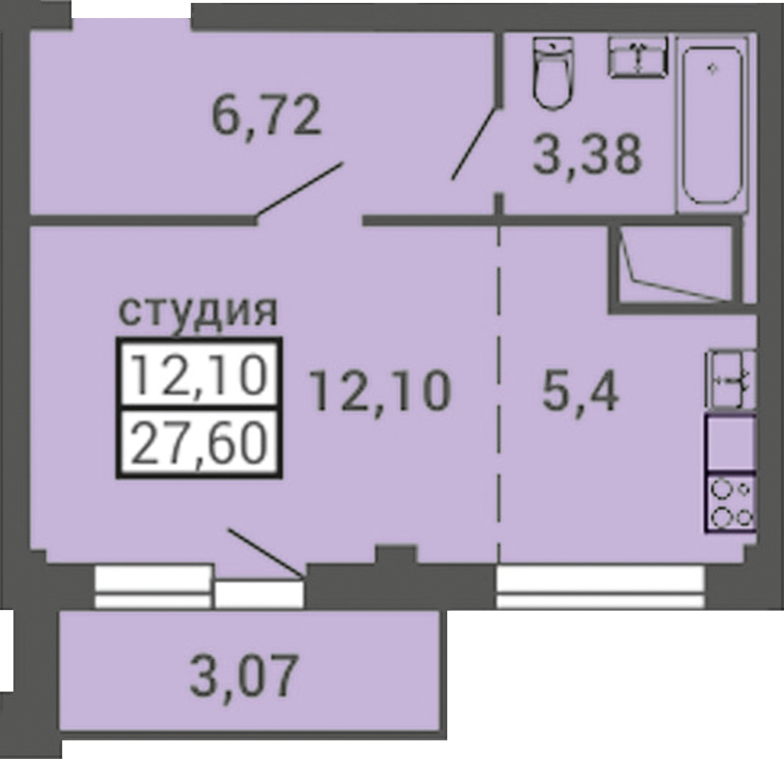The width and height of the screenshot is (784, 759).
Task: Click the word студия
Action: click(x=198, y=311)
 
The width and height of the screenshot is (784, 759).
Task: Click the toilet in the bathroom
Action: click(x=553, y=73)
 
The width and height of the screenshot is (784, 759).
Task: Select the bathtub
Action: click(x=712, y=125)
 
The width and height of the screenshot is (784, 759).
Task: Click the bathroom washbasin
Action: click(x=637, y=57)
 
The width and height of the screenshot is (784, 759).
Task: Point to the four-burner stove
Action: click(x=730, y=501)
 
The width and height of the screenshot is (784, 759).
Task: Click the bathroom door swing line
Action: click(x=475, y=144)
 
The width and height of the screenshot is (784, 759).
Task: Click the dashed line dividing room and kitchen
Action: click(x=499, y=393)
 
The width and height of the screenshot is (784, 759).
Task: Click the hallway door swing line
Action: click(x=300, y=190)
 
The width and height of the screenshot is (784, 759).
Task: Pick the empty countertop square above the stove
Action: click(x=730, y=443)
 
